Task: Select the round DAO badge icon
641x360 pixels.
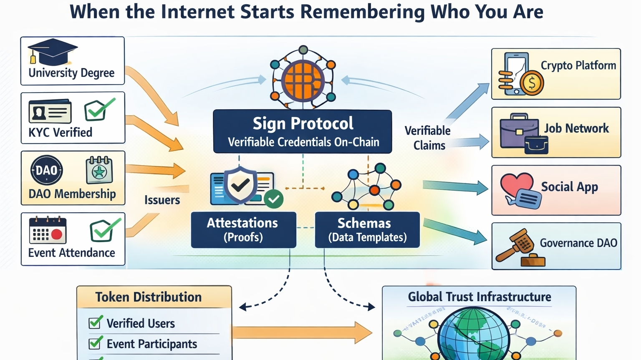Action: (46, 170)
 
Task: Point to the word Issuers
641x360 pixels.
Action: (162, 200)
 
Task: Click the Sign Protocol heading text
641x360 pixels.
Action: (303, 123)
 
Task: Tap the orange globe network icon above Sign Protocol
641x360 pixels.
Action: (303, 80)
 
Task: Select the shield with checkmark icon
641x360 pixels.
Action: (240, 185)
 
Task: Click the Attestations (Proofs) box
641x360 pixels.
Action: (243, 230)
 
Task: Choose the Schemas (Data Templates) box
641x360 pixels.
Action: (367, 230)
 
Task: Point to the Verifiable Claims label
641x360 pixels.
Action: (428, 138)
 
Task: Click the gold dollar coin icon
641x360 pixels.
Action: (532, 83)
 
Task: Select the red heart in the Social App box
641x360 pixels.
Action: (516, 184)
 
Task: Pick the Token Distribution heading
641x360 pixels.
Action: (149, 297)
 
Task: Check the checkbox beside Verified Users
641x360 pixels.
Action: (95, 322)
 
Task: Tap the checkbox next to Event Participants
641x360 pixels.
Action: (95, 343)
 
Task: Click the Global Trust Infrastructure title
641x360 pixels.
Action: (479, 297)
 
